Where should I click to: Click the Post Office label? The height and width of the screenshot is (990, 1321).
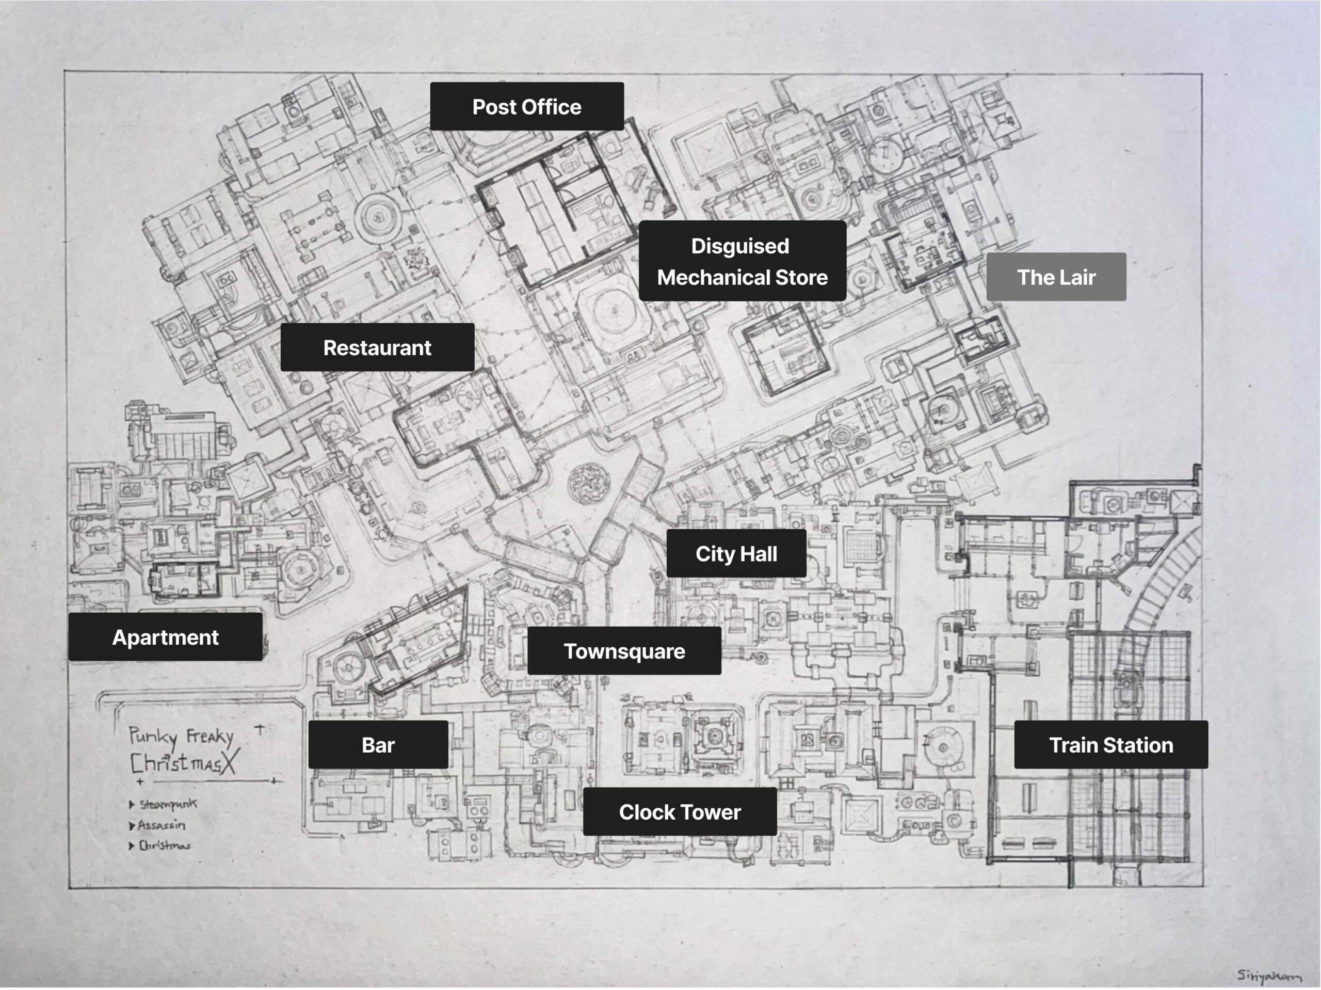(527, 106)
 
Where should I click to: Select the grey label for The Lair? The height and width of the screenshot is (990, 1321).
(1056, 277)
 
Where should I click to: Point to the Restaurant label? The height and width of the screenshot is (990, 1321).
(377, 348)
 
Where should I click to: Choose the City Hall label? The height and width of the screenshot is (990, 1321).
(736, 554)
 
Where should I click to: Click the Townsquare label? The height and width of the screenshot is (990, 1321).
(624, 651)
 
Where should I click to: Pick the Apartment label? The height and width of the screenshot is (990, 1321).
(166, 637)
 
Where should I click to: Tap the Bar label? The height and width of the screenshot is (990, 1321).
(378, 744)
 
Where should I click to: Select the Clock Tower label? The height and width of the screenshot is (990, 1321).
(680, 811)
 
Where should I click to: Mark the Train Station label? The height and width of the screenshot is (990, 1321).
(1111, 744)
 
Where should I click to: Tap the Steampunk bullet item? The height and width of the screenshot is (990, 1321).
(167, 804)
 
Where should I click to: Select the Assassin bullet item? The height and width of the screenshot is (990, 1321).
(161, 825)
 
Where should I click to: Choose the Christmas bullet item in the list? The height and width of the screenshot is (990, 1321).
(164, 845)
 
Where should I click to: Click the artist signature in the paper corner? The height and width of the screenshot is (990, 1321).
(1268, 976)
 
